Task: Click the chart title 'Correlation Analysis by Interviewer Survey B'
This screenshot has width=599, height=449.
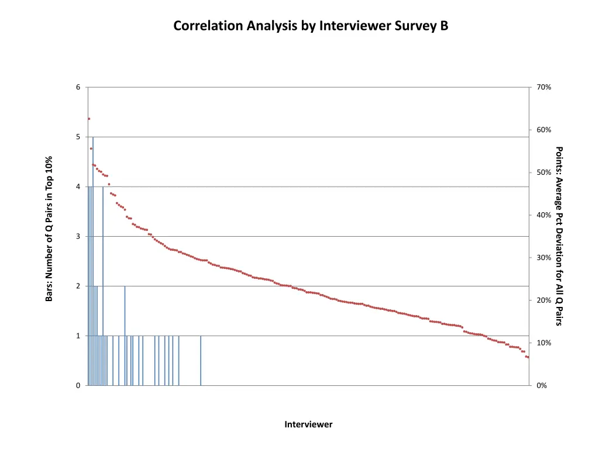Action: (x=311, y=26)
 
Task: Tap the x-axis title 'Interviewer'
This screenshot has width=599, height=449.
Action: (x=308, y=424)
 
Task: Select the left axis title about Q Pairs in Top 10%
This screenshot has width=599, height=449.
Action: (x=49, y=229)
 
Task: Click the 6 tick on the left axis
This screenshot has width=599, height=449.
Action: (x=78, y=88)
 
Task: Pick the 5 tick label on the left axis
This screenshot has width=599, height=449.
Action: (x=78, y=137)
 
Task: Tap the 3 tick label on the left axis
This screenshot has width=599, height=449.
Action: (x=78, y=237)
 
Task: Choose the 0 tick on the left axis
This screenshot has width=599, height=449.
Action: (x=78, y=386)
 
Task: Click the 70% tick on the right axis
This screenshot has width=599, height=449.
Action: (x=543, y=88)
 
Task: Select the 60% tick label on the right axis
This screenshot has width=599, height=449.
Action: (x=543, y=130)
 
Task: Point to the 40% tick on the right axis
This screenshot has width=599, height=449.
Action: (x=543, y=215)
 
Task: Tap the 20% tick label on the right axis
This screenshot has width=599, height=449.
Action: (x=543, y=301)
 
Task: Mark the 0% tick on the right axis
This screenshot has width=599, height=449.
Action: (x=542, y=386)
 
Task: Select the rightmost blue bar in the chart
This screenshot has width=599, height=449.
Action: (x=201, y=362)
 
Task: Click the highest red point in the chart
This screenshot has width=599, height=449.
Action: (x=89, y=119)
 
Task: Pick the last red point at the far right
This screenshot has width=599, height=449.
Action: (x=528, y=357)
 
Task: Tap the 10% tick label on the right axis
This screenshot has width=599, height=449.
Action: (x=543, y=343)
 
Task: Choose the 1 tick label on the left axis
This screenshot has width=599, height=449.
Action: (x=78, y=336)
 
